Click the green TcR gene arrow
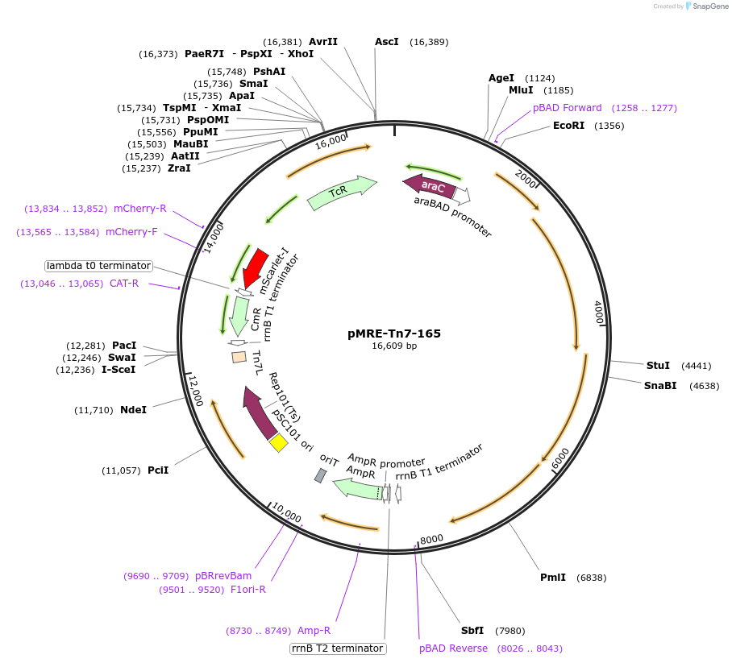(340, 193)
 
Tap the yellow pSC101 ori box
(278, 443)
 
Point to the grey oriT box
(320, 475)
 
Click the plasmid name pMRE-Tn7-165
(394, 333)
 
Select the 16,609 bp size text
(394, 346)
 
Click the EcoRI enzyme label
(568, 126)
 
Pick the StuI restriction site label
(658, 365)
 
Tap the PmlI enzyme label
(552, 578)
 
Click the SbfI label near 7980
(472, 631)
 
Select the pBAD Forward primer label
(567, 108)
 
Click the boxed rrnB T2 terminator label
(338, 648)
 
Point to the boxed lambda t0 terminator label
(98, 265)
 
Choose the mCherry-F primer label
(131, 232)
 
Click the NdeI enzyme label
(133, 410)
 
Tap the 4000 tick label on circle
(598, 313)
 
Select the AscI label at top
(387, 42)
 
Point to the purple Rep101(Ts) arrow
(260, 413)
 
